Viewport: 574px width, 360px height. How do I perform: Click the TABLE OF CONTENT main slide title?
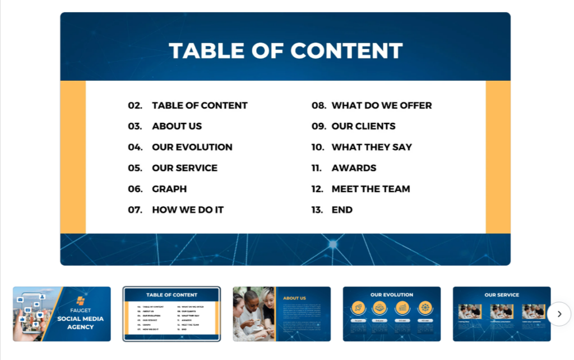[285, 50]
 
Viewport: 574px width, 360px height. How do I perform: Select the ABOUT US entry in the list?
[177, 126]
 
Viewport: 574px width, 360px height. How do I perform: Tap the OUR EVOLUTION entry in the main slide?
[192, 147]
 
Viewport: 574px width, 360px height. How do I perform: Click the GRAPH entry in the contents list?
[169, 189]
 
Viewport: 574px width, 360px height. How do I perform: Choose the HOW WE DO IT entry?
[188, 210]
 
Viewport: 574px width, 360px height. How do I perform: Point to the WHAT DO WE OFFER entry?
[382, 105]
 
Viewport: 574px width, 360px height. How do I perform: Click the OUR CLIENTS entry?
[363, 126]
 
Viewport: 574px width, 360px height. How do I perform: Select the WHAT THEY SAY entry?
[372, 147]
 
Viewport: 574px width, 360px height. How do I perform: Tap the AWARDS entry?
[354, 168]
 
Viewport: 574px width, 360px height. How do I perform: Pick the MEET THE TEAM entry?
[371, 189]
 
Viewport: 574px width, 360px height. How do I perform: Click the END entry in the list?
[342, 210]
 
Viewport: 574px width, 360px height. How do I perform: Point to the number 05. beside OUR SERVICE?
[135, 168]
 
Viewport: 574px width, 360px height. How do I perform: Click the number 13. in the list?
[317, 210]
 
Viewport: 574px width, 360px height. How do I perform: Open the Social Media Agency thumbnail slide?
[62, 314]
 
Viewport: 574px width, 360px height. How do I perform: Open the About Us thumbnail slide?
[281, 314]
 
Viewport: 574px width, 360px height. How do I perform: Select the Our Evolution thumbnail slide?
[392, 314]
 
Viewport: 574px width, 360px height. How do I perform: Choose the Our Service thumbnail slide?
[502, 314]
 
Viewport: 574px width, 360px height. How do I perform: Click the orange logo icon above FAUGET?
[81, 301]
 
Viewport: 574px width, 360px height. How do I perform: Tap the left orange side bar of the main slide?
[73, 157]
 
